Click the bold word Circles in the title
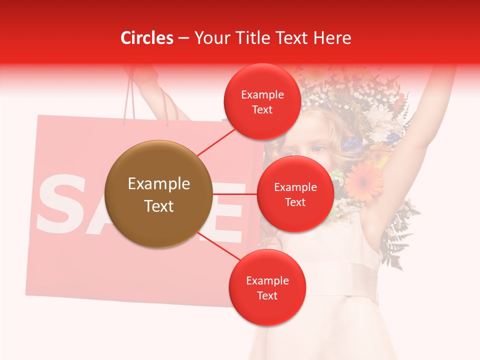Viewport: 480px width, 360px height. pos(147,38)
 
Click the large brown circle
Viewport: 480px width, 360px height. pos(158,194)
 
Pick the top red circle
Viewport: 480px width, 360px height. pos(262,102)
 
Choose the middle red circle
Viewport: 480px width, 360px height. pos(295,194)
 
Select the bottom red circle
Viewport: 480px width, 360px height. pos(267,287)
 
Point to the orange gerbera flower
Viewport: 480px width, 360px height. pos(363,180)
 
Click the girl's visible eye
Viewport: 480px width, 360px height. pos(318,148)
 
